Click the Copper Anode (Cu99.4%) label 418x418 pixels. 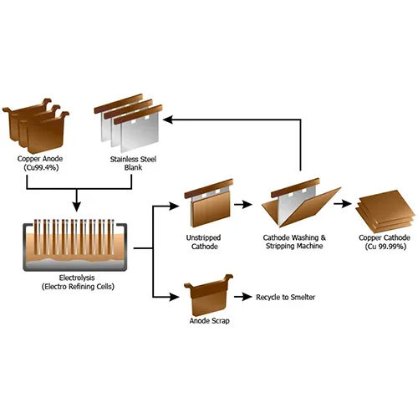(40, 163)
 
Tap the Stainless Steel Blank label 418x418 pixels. (133, 163)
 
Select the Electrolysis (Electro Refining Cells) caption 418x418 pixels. (78, 282)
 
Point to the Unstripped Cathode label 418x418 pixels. (204, 242)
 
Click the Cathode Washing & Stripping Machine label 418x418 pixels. (294, 242)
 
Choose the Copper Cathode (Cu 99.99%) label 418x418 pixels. (385, 242)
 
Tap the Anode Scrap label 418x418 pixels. (210, 321)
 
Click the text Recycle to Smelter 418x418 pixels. (286, 297)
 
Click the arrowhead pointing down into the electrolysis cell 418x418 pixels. (76, 206)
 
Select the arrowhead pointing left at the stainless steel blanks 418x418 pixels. (169, 120)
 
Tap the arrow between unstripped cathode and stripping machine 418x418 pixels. (243, 205)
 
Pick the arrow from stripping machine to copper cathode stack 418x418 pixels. (343, 204)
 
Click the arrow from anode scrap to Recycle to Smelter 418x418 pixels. (243, 297)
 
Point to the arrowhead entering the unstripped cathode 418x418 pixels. (174, 206)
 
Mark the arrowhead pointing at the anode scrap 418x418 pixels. (174, 297)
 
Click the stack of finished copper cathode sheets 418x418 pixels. (385, 212)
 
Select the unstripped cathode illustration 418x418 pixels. (209, 203)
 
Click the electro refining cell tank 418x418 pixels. (75, 247)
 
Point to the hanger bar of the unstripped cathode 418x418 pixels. (209, 188)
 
